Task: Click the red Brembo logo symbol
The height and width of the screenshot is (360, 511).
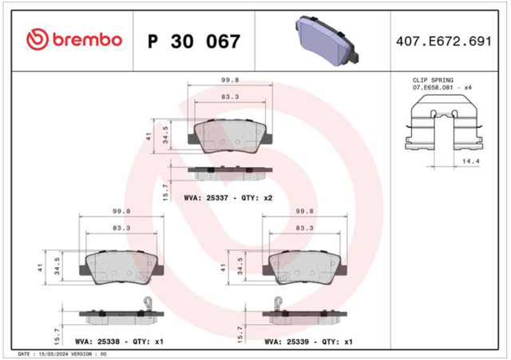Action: coord(38,39)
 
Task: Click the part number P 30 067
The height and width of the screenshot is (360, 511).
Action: coord(194,42)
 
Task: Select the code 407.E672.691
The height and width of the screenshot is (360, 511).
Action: coord(444,42)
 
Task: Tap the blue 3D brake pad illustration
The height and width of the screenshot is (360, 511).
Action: coord(327,40)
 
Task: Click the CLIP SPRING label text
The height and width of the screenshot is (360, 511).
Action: coord(433,80)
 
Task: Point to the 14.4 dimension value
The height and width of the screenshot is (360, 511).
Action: coord(471,161)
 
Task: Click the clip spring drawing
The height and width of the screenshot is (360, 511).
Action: coord(444,123)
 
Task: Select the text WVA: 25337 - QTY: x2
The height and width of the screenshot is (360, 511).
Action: coord(228,198)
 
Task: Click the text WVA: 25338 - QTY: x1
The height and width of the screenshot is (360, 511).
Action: coord(119,342)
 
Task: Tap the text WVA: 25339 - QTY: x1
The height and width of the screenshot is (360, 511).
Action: coord(309,342)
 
